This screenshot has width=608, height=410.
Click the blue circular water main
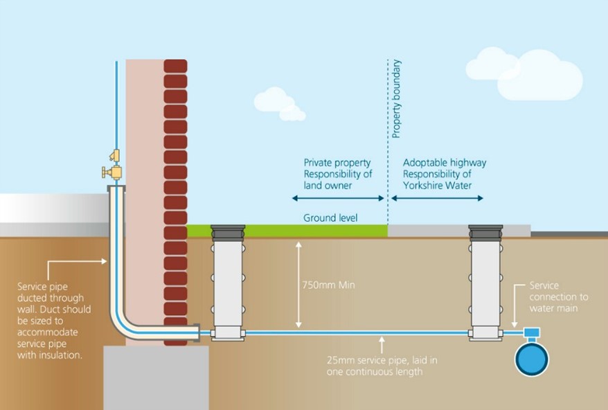(531, 359)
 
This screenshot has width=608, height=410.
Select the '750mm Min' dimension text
(328, 284)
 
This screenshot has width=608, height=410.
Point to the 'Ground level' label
(330, 218)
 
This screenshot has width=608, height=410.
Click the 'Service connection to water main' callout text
(558, 296)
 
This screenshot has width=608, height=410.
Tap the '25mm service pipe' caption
(382, 366)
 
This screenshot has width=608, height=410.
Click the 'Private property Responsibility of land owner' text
(338, 175)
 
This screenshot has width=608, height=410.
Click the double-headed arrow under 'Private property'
(338, 198)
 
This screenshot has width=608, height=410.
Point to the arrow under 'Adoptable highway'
(438, 198)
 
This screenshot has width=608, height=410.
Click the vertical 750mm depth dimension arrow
(298, 284)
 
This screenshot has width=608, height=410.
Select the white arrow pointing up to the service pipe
(382, 343)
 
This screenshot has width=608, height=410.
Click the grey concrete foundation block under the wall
(156, 377)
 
